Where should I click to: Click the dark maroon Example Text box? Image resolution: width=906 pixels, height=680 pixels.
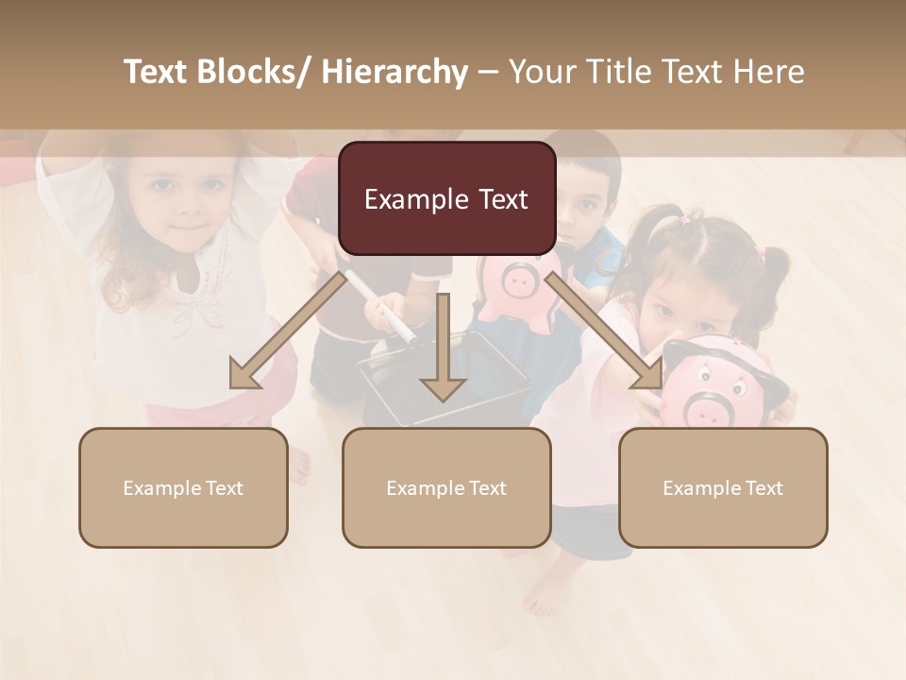pyautogui.click(x=446, y=198)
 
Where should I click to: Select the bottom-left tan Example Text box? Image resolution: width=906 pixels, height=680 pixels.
pyautogui.click(x=183, y=487)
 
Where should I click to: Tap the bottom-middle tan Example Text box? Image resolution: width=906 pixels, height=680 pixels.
pyautogui.click(x=446, y=487)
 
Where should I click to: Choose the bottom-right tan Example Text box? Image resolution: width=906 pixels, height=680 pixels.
pyautogui.click(x=723, y=487)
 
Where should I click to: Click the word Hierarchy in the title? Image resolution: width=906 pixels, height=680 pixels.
pyautogui.click(x=394, y=72)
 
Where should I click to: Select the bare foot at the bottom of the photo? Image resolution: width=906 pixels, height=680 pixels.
pyautogui.click(x=547, y=595)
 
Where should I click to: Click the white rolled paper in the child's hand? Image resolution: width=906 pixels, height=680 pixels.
pyautogui.click(x=382, y=307)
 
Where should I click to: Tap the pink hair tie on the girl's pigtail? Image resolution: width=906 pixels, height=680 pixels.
pyautogui.click(x=761, y=253)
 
